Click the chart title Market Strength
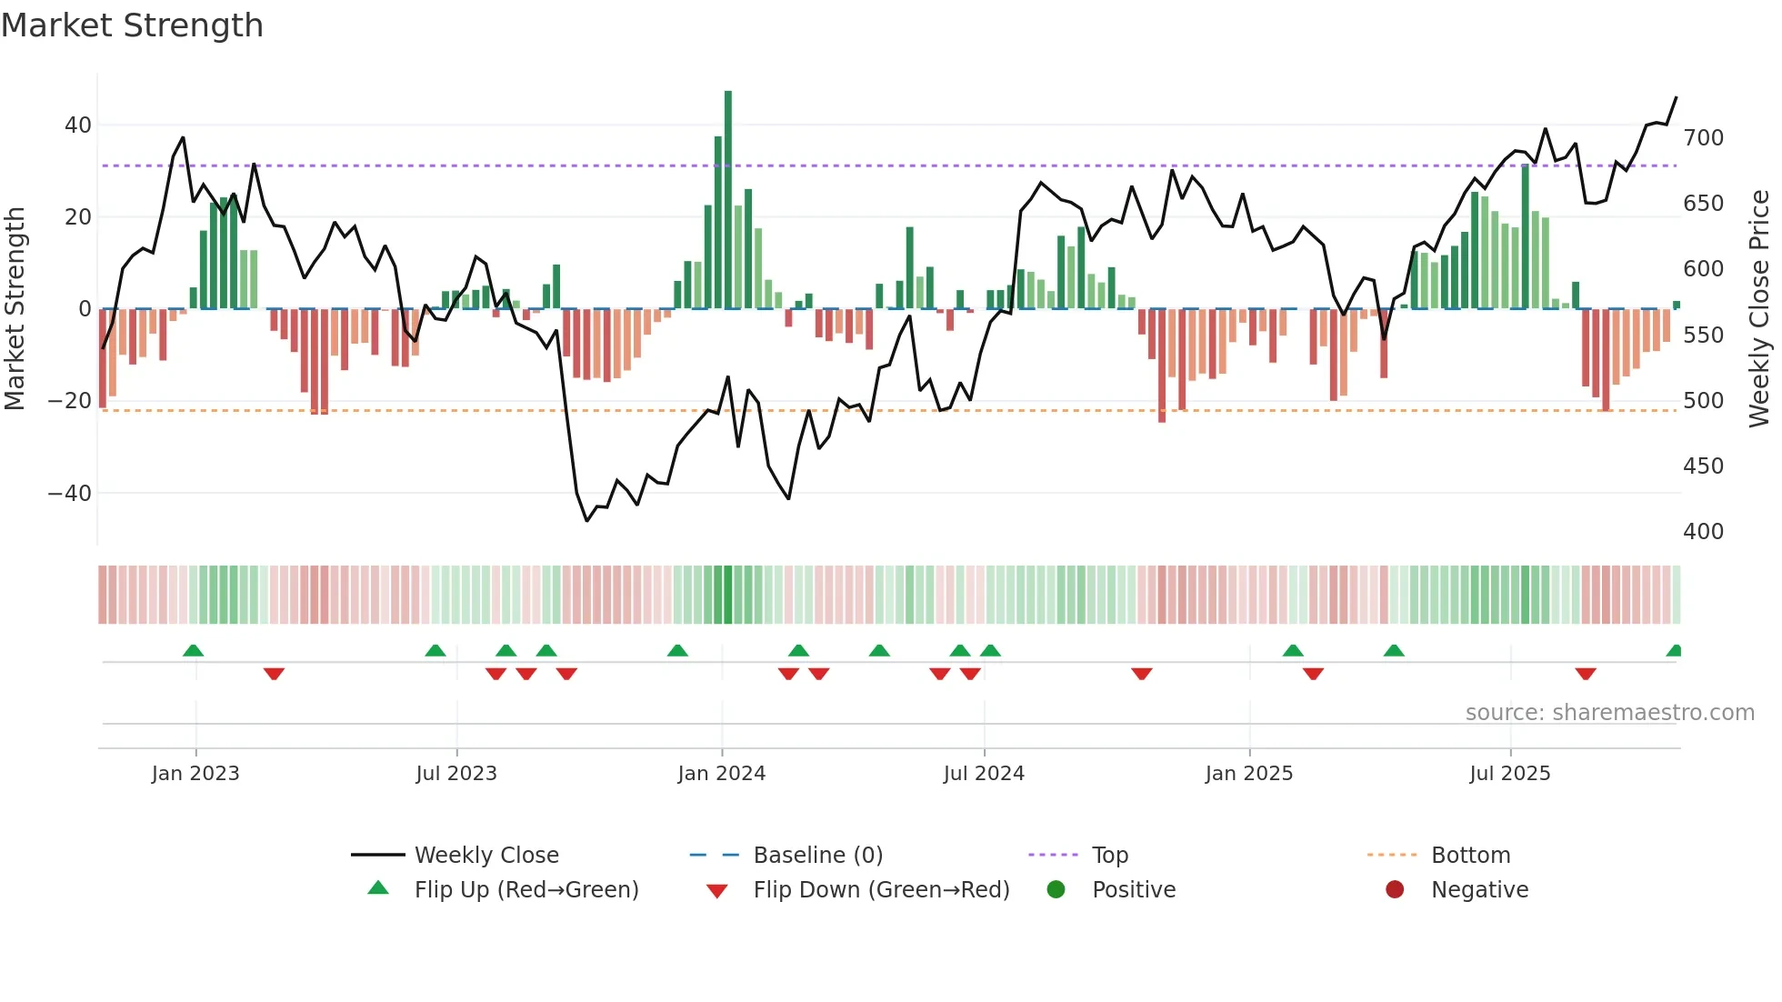tap(132, 25)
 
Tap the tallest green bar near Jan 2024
tap(728, 200)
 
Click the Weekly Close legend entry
tap(486, 856)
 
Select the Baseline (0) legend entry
tap(817, 856)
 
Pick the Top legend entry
tap(1109, 856)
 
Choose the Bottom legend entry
tap(1470, 856)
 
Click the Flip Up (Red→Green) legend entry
tap(526, 890)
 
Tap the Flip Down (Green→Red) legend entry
tap(881, 890)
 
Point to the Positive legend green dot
tap(1056, 889)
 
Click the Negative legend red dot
tap(1395, 889)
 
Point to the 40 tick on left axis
tap(78, 125)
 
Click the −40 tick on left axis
tap(70, 494)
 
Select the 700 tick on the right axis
tap(1703, 138)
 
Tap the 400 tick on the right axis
tap(1703, 532)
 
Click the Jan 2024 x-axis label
tap(722, 774)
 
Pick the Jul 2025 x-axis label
tap(1510, 774)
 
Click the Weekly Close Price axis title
tap(1759, 309)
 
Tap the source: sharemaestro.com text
tap(1609, 713)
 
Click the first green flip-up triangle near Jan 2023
tap(193, 650)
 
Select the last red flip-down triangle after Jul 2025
tap(1586, 674)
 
